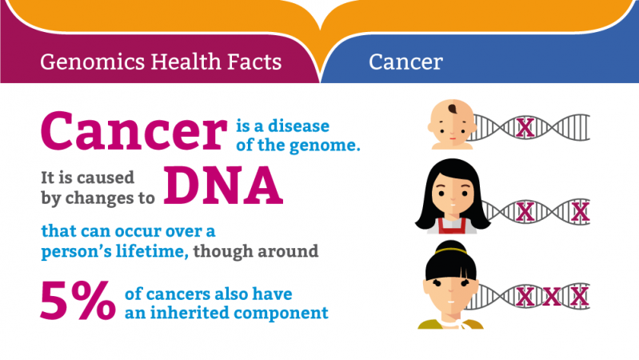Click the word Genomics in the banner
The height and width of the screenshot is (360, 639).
(x=93, y=62)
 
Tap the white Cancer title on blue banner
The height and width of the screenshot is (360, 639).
(x=405, y=62)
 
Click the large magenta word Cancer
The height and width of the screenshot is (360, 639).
(x=134, y=131)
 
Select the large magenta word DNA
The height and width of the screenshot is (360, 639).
(x=223, y=186)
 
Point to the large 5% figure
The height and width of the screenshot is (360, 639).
(x=78, y=301)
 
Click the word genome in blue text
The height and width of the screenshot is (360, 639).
(x=324, y=146)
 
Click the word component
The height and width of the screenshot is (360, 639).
(x=281, y=314)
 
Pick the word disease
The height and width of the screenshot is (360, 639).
(x=299, y=126)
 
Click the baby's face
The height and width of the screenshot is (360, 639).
(x=452, y=124)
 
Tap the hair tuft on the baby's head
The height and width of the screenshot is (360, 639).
(x=453, y=109)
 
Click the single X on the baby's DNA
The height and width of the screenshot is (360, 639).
(x=525, y=128)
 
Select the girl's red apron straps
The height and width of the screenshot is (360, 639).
(x=452, y=226)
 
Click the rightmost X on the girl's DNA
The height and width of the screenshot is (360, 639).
(x=581, y=213)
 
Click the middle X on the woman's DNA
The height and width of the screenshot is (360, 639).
(x=552, y=297)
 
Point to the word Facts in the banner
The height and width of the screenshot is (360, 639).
(x=254, y=62)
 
